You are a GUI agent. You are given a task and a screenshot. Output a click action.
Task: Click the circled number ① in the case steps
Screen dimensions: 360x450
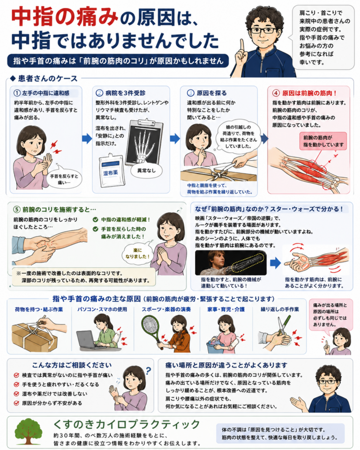(17, 93)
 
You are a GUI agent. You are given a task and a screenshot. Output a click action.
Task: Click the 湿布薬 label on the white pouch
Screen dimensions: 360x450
(110, 173)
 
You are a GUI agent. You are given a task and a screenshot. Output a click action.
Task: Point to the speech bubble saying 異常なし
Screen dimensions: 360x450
(146, 171)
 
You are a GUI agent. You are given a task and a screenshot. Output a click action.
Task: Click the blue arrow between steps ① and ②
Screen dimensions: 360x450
(87, 139)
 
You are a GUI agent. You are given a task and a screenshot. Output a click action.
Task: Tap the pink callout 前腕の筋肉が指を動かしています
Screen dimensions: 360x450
(323, 141)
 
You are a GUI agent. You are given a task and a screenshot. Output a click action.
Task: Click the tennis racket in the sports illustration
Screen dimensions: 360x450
(151, 329)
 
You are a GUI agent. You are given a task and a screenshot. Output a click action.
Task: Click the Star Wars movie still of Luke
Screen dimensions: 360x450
(231, 263)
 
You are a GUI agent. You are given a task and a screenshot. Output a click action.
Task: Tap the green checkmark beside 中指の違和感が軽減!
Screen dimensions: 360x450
(95, 219)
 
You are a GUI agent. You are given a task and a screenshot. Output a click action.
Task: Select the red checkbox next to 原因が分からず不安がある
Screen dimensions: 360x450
(16, 403)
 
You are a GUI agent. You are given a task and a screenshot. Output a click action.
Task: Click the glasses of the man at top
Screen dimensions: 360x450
(263, 30)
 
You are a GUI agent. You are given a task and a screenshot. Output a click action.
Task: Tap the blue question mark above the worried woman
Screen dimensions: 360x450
(148, 371)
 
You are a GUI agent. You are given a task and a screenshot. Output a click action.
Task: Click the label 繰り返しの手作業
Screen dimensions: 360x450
(280, 309)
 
